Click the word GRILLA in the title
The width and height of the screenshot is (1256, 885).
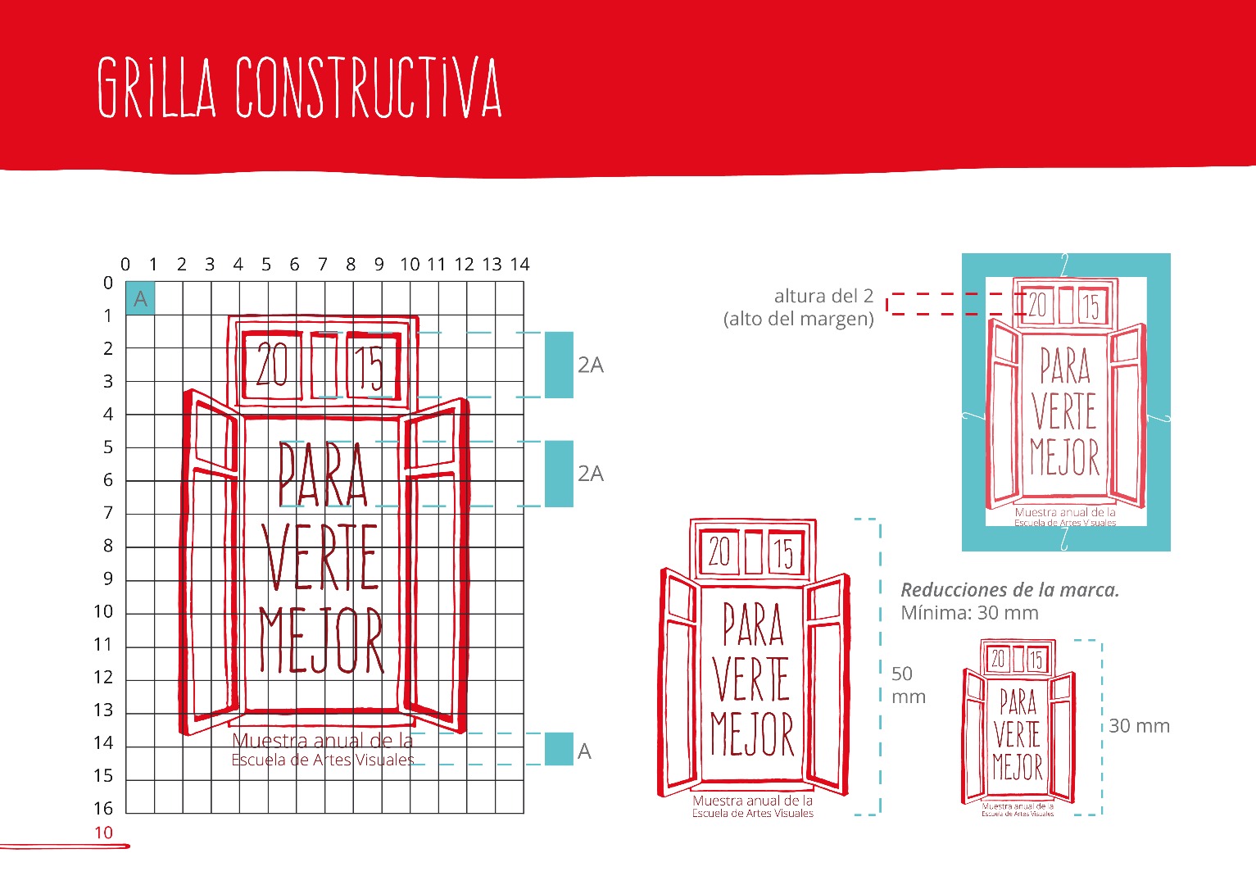click(x=156, y=88)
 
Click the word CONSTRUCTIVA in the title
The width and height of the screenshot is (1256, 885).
click(x=368, y=88)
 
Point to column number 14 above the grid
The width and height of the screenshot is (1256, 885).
click(x=520, y=265)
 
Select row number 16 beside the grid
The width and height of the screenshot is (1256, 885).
click(x=103, y=809)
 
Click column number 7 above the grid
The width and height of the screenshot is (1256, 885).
click(x=323, y=265)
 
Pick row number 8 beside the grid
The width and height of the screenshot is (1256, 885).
click(x=107, y=546)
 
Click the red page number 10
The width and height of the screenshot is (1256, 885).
click(x=103, y=833)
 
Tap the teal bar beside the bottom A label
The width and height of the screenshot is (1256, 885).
click(x=559, y=749)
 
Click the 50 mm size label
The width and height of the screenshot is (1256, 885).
click(x=908, y=685)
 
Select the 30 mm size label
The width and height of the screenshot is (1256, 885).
click(x=1139, y=726)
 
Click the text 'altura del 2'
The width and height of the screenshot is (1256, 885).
click(x=823, y=296)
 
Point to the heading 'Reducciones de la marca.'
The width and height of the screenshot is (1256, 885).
click(x=1009, y=590)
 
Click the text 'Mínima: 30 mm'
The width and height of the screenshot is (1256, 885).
click(x=969, y=613)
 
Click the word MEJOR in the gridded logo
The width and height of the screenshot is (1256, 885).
click(x=321, y=641)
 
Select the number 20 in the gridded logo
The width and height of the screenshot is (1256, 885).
click(x=272, y=365)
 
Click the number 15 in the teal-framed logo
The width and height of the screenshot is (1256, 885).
click(x=1090, y=307)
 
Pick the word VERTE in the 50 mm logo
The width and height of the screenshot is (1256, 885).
click(x=750, y=678)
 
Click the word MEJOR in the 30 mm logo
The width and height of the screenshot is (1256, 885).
click(x=1018, y=768)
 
